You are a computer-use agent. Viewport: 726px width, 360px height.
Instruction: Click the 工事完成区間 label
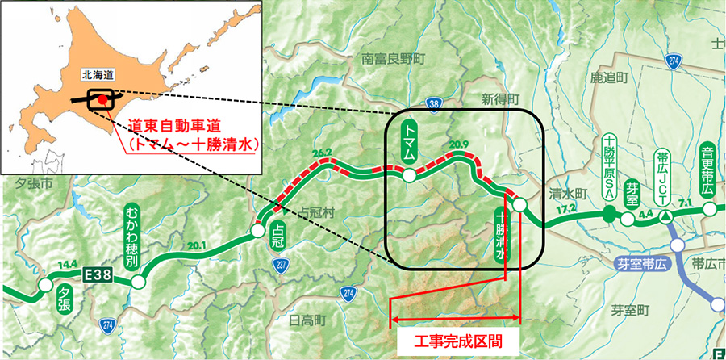(x=457, y=341)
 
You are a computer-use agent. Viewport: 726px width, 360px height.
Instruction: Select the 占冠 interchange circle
(x=257, y=231)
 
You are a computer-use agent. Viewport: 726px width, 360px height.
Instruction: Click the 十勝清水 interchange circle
(x=520, y=205)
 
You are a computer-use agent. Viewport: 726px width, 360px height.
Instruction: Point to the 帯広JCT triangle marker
(x=665, y=217)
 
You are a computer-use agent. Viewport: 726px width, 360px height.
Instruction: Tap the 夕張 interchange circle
(x=43, y=287)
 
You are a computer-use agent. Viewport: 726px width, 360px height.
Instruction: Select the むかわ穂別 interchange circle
(x=139, y=282)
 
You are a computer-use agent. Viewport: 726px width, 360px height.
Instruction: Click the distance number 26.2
(x=323, y=152)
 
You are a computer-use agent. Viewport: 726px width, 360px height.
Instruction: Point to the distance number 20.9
(x=460, y=145)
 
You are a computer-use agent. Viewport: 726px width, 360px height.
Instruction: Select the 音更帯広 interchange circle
(x=709, y=208)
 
